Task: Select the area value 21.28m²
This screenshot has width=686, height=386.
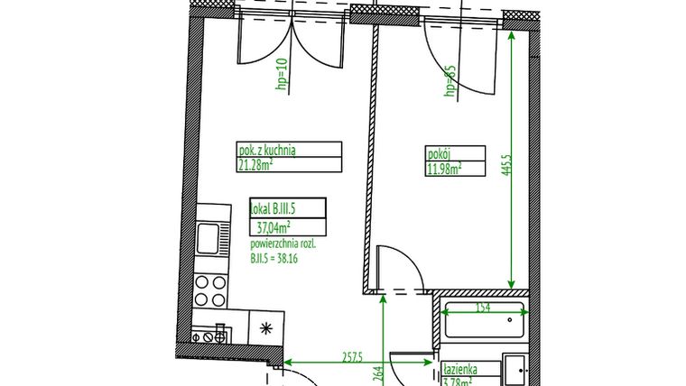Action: (x=256, y=165)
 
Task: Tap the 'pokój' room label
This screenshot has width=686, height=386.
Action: (x=439, y=152)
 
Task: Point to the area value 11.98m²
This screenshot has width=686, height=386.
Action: (x=445, y=166)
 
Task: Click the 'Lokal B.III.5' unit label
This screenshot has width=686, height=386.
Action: (x=273, y=210)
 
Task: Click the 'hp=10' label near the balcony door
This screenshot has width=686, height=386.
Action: (x=281, y=77)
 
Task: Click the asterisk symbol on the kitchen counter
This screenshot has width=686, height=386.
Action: (x=266, y=327)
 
